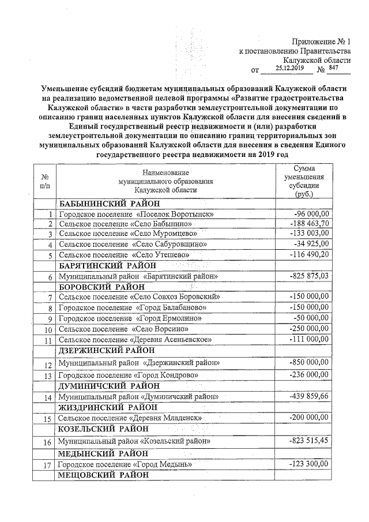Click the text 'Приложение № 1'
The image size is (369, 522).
pos(321,42)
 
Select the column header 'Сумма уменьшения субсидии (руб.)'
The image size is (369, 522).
pos(308,181)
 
